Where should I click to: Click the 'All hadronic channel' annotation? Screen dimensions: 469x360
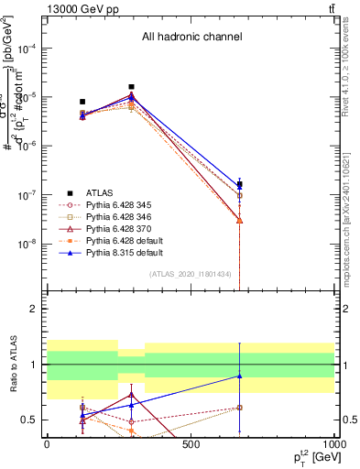(x=191, y=38)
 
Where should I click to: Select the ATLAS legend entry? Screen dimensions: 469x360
(x=99, y=192)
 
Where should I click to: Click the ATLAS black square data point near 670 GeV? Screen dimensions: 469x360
(x=239, y=184)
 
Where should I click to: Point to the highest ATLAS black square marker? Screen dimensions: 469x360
(x=132, y=87)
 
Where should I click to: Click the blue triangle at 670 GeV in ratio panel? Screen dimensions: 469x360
(x=239, y=376)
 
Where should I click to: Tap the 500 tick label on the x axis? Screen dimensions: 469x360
(x=191, y=444)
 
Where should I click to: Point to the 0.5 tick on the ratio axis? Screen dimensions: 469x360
(x=34, y=420)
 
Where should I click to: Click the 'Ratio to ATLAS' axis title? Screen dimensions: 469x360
(x=13, y=366)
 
